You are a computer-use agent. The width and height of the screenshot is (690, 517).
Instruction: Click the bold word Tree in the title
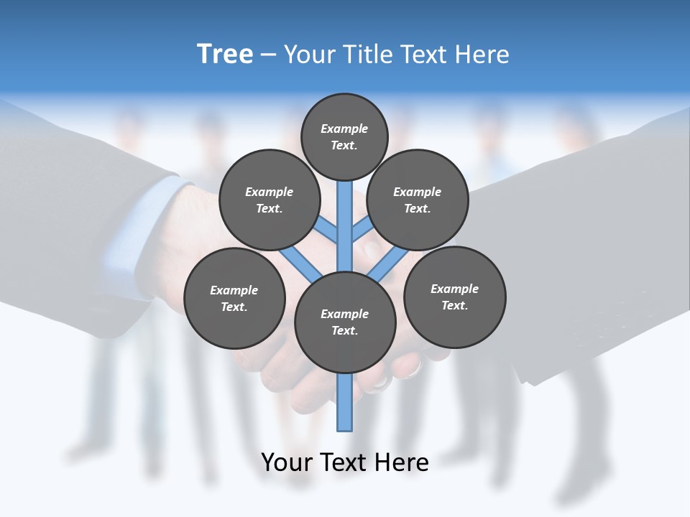[225, 54]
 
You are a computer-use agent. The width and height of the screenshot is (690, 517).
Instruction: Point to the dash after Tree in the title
[268, 55]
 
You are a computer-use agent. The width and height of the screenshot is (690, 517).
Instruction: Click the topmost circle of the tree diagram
[344, 136]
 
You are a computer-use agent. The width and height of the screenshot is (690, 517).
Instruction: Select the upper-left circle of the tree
[270, 200]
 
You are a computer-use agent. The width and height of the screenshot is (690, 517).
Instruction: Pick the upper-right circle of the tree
[418, 200]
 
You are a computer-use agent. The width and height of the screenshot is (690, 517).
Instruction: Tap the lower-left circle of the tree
[234, 298]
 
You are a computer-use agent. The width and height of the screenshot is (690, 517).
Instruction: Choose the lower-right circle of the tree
[454, 297]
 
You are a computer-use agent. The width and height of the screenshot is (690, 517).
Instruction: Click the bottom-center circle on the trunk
[345, 322]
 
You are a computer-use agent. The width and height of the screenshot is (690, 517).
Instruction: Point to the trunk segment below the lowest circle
[345, 402]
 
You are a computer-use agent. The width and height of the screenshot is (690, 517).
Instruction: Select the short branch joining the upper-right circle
[362, 230]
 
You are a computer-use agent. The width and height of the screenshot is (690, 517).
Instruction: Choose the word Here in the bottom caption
[401, 462]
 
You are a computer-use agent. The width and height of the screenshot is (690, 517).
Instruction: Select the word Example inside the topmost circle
[344, 129]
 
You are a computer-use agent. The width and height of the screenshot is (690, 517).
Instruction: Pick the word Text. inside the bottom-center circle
[344, 330]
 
